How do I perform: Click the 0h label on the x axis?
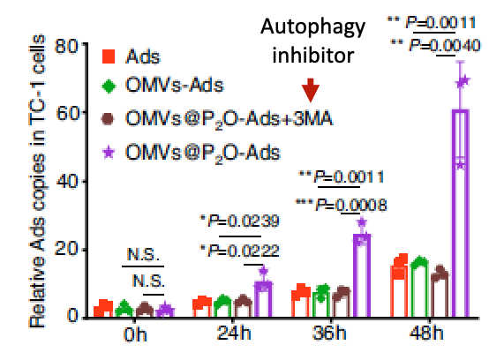pyautogui.click(x=133, y=336)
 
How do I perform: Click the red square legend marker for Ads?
pyautogui.click(x=109, y=57)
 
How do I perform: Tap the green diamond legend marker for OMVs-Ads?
pyautogui.click(x=109, y=86)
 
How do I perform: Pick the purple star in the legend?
pyautogui.click(x=109, y=151)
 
